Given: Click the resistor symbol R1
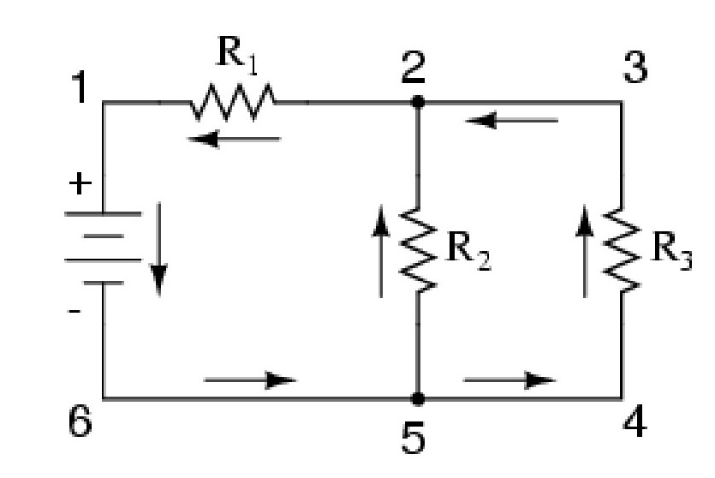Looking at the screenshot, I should [233, 102].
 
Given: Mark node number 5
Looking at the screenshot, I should [416, 438].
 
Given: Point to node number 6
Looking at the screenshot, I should [79, 424].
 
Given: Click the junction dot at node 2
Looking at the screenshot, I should [418, 102].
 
